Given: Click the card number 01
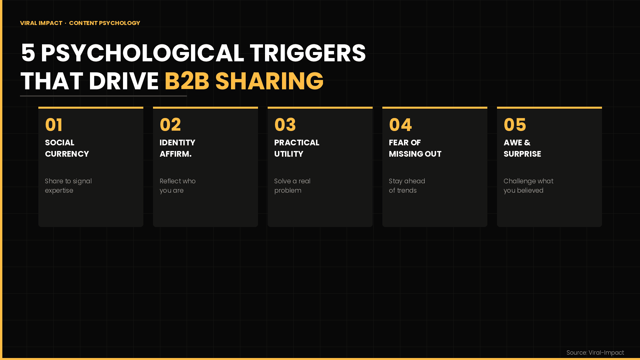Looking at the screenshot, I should [x=54, y=125].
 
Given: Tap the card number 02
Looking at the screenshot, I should [x=170, y=125].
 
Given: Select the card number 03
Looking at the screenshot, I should [x=285, y=125].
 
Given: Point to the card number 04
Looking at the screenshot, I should [x=400, y=125].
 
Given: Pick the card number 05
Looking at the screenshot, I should [x=515, y=125].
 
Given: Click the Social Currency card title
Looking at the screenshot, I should [x=67, y=148].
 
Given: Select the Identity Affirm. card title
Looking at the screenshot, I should [x=177, y=148].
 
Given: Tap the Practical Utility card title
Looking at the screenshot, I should [x=297, y=148].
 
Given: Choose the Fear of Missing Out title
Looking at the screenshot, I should [x=415, y=148].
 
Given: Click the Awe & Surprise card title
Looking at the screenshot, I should [x=522, y=148].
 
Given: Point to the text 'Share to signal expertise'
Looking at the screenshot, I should [x=68, y=186].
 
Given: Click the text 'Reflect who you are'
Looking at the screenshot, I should [x=177, y=186].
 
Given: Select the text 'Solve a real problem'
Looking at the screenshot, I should [x=292, y=186].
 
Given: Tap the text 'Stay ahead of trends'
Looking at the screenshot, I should [x=407, y=186].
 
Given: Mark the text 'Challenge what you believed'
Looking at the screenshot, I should [x=528, y=186].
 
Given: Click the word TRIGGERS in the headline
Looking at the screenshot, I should [x=307, y=53].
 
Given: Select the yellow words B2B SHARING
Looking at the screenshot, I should [x=244, y=81].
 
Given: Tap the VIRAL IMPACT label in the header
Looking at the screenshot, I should [x=41, y=23].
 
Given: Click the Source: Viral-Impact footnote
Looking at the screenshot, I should [x=595, y=353].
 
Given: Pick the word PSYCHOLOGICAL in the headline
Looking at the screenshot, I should [x=142, y=53].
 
